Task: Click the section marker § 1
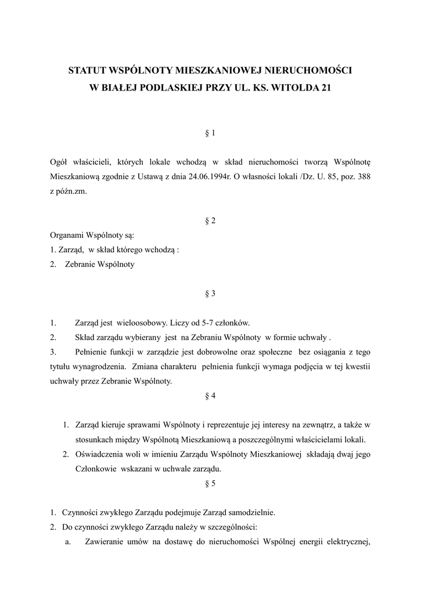click(x=210, y=133)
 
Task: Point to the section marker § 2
click(x=210, y=221)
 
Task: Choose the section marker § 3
click(x=210, y=294)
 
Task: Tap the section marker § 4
click(x=210, y=396)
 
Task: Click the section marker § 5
click(x=210, y=483)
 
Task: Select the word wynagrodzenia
click(x=101, y=367)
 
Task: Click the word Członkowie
click(x=96, y=469)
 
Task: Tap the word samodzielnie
click(x=250, y=512)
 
